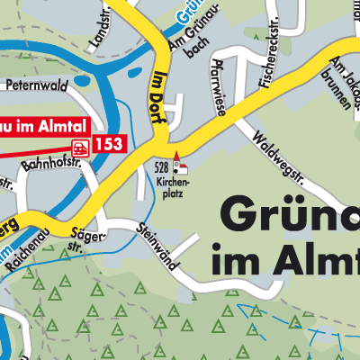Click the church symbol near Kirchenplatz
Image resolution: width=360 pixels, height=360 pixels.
coord(180,161)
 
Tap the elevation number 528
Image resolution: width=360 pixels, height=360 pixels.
coord(162,168)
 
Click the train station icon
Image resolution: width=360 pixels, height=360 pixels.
coord(81,143)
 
